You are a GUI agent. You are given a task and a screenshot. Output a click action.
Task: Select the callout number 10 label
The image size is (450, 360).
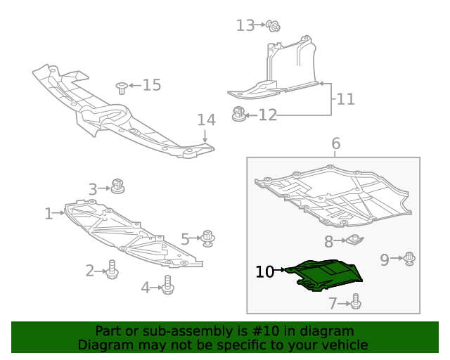(x=264, y=271)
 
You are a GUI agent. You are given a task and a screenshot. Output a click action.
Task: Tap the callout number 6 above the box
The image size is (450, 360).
(x=335, y=144)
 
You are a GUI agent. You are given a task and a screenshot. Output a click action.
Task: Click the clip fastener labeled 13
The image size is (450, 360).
(x=274, y=27)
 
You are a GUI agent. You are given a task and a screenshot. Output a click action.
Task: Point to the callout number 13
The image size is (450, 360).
(x=245, y=26)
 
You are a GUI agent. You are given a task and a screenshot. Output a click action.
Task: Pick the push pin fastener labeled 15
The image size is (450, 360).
(x=122, y=87)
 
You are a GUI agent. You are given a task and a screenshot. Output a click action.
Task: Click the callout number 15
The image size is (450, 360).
(x=151, y=85)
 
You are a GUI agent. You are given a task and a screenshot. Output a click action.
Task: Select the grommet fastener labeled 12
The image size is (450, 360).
(x=240, y=113)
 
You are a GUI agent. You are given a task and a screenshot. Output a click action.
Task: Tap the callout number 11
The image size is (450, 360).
(x=345, y=99)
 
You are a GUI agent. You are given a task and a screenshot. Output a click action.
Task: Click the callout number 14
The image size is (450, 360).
(x=205, y=120)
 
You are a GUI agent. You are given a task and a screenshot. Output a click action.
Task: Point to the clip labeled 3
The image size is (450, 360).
(x=117, y=186)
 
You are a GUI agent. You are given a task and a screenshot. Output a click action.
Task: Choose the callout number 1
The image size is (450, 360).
(x=49, y=213)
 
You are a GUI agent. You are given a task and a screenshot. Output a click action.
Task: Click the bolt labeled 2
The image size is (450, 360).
(x=112, y=269)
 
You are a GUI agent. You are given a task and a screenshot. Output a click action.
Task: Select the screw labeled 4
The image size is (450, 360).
(x=167, y=284)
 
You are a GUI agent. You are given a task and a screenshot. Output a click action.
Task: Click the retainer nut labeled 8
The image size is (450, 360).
(x=355, y=241)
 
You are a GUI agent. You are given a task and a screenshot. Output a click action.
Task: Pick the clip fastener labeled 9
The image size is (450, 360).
(x=410, y=259)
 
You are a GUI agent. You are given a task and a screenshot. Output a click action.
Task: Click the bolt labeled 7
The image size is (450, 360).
(x=355, y=302)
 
